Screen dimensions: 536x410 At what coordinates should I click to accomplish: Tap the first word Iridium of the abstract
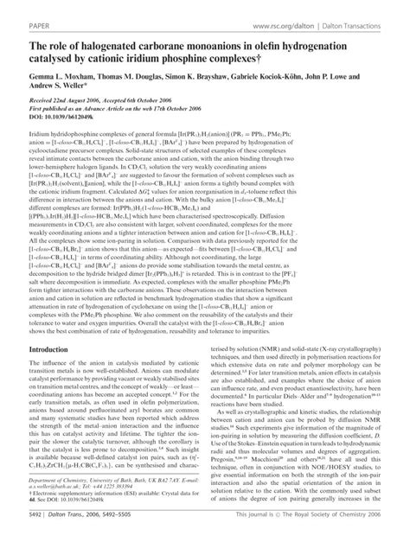19,143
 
